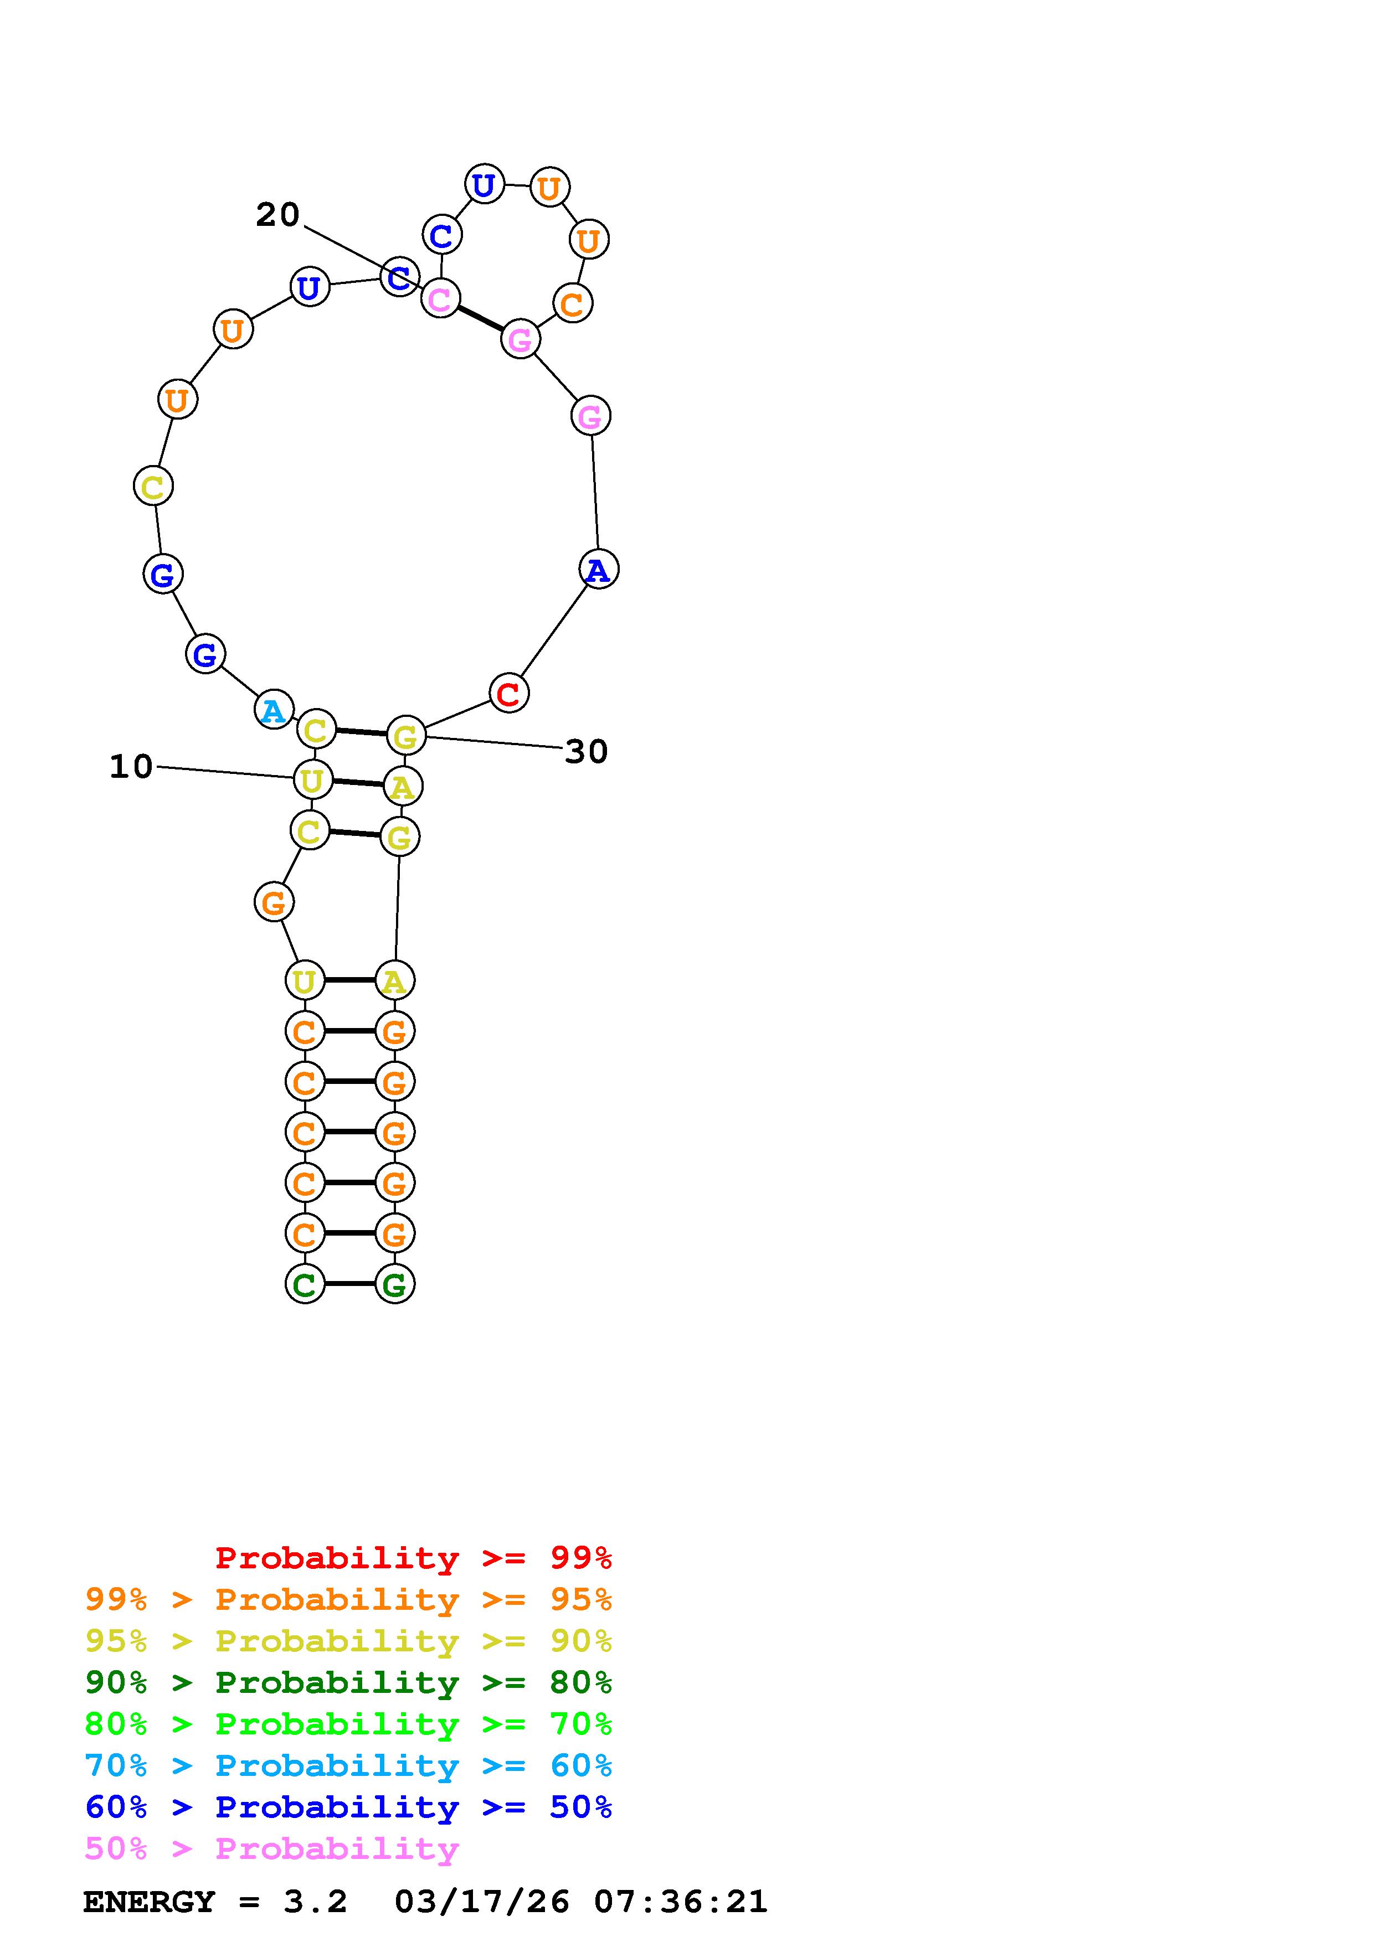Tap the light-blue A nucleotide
pyautogui.click(x=273, y=710)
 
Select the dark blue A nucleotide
pyautogui.click(x=599, y=569)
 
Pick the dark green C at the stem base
pyautogui.click(x=305, y=1284)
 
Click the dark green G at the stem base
pyautogui.click(x=394, y=1284)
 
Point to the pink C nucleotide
pyautogui.click(x=440, y=298)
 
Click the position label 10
pyautogui.click(x=131, y=766)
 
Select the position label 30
pyautogui.click(x=587, y=751)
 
